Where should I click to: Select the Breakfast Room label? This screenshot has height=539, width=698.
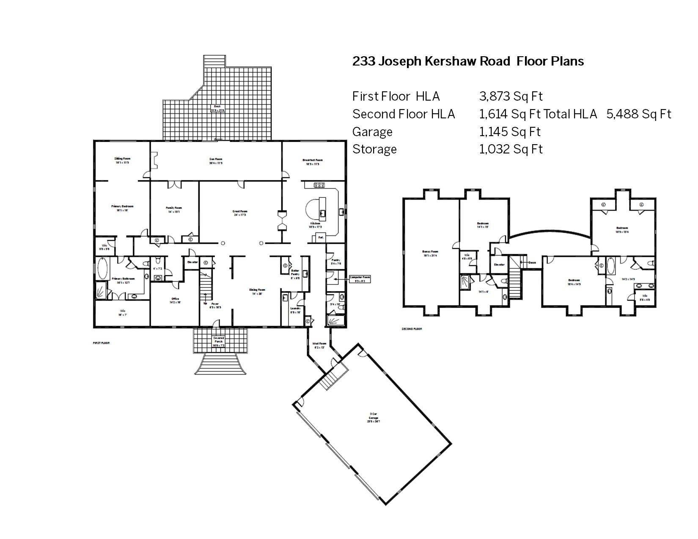(x=313, y=161)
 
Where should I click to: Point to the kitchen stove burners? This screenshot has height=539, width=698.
(x=319, y=185)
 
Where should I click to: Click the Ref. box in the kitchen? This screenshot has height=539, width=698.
(x=321, y=238)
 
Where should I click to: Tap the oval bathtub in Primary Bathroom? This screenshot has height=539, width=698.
(x=102, y=268)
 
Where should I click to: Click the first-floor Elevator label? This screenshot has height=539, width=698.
(x=192, y=262)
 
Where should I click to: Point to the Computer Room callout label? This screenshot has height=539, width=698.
(x=360, y=279)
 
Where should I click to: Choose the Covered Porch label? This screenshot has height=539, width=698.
(x=218, y=341)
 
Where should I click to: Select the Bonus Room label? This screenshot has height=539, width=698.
(x=430, y=253)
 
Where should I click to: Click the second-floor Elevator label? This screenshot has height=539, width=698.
(x=499, y=265)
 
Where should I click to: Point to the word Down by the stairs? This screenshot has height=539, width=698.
(x=532, y=262)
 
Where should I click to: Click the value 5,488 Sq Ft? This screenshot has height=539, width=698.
(x=639, y=114)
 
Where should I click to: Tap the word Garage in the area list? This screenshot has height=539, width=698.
(x=372, y=132)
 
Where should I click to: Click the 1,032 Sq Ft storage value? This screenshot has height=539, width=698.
(x=511, y=149)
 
